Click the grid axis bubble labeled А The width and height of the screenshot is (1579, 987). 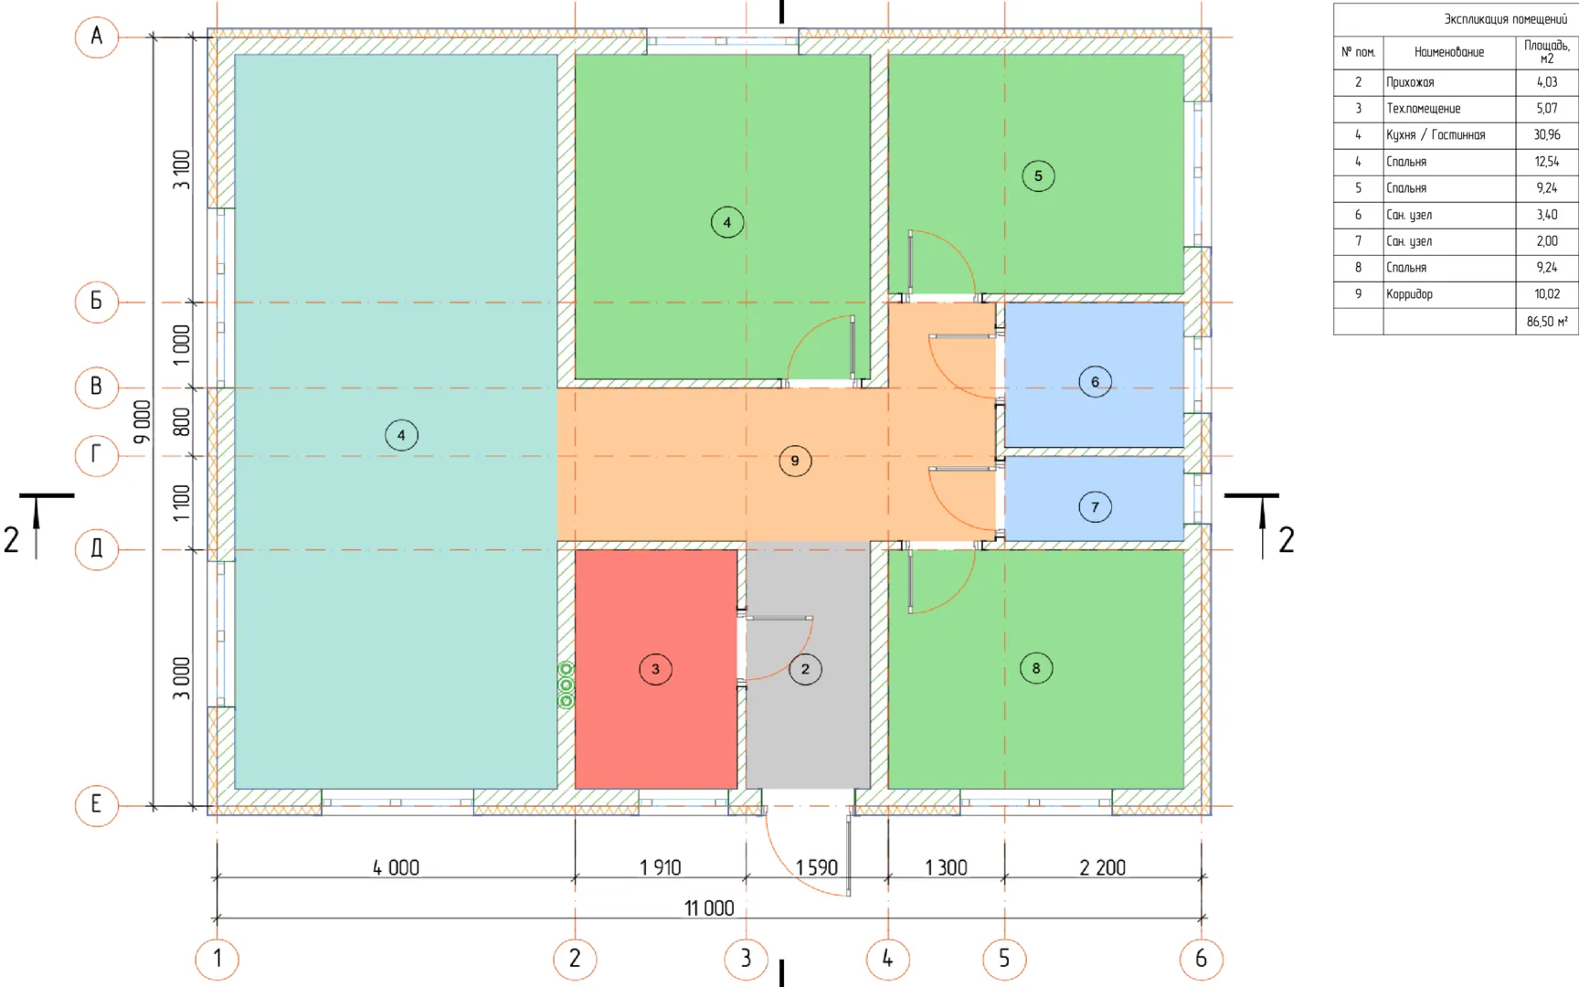tap(96, 37)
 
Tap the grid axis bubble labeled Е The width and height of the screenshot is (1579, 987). tap(96, 805)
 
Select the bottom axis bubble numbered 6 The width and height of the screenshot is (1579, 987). tap(1201, 959)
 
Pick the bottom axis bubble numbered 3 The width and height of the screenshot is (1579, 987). tap(746, 959)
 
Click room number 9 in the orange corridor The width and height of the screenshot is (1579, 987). tap(795, 461)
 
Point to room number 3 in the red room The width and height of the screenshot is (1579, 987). tap(655, 669)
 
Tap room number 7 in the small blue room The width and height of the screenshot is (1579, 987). tap(1095, 507)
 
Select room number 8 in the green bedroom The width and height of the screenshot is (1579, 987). tap(1036, 668)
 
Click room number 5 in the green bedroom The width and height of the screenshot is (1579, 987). tap(1038, 175)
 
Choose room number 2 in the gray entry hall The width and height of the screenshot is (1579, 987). tap(805, 669)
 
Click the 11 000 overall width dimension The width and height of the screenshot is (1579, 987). tap(709, 907)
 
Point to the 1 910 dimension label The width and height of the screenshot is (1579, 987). tap(660, 867)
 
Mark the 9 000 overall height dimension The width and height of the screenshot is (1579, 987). tap(142, 421)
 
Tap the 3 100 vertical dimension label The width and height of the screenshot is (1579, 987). tap(182, 170)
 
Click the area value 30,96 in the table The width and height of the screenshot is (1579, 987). tap(1547, 134)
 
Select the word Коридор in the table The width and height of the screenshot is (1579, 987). tap(1409, 294)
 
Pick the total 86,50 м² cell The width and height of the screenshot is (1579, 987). tap(1547, 322)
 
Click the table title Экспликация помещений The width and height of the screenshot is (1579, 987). tap(1505, 18)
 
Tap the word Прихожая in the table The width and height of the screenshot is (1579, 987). tap(1410, 82)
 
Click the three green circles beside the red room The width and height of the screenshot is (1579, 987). tap(566, 685)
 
